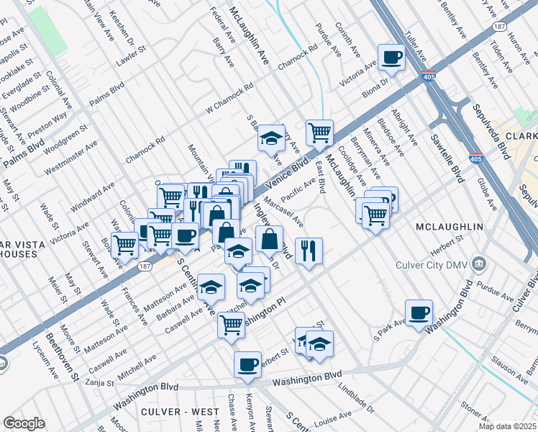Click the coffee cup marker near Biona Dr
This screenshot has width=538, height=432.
392,58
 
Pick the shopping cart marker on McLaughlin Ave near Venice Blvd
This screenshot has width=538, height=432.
319,132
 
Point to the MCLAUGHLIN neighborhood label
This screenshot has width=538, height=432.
449,227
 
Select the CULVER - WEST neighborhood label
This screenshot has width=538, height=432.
181,411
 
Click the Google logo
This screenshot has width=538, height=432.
24,423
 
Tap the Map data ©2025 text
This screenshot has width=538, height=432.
508,426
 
